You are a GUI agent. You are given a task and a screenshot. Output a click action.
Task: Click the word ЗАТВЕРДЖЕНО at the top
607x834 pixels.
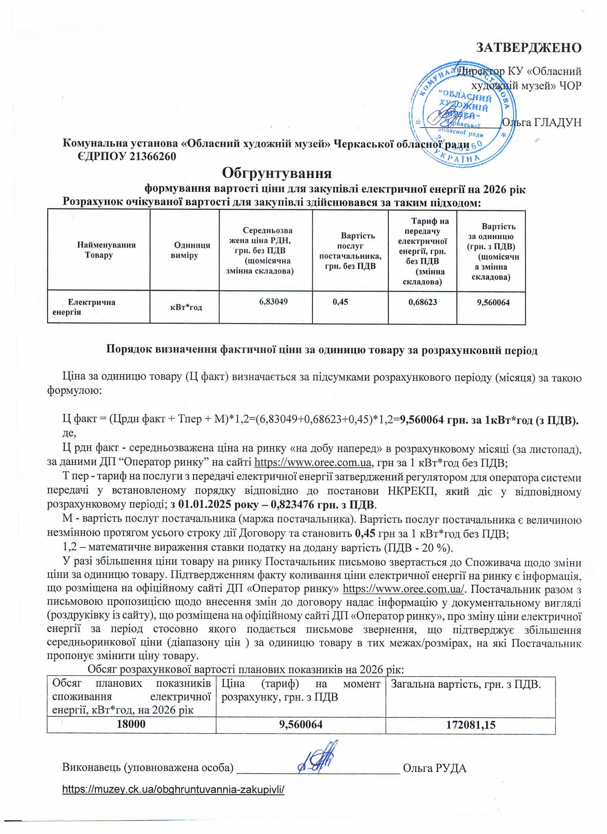click(x=528, y=48)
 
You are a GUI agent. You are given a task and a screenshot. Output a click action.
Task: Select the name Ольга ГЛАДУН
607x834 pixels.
click(x=541, y=123)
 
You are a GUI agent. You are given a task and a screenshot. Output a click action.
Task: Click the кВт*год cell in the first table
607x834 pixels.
click(x=186, y=307)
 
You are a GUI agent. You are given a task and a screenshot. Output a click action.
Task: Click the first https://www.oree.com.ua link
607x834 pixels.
click(x=313, y=463)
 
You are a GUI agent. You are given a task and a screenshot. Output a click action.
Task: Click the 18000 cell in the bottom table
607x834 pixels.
click(x=131, y=724)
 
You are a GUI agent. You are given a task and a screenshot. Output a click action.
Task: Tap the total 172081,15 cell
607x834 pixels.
click(x=470, y=724)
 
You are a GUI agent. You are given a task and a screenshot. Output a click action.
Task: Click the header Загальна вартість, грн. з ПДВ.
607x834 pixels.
click(x=466, y=684)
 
